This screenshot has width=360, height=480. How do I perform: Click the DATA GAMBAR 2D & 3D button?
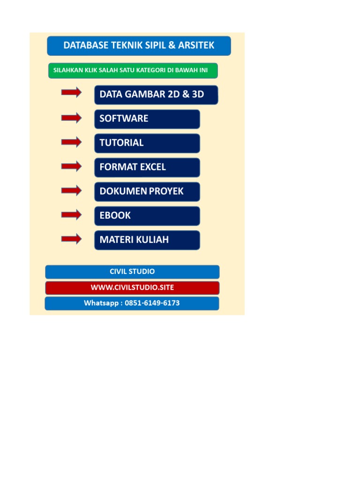click(156, 95)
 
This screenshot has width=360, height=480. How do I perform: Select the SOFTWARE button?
click(147, 119)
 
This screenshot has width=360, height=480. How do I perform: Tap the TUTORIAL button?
click(147, 143)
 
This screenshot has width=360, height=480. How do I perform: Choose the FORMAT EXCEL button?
click(147, 167)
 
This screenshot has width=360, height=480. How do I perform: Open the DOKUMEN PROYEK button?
click(147, 192)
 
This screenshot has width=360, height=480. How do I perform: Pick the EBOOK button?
click(147, 216)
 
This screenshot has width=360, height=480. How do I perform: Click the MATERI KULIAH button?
click(147, 240)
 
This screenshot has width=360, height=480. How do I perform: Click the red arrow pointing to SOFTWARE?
click(71, 118)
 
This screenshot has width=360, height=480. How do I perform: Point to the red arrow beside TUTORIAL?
click(71, 142)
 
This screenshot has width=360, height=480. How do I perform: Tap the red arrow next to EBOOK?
click(71, 215)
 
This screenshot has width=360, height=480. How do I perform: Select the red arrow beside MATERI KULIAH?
click(71, 239)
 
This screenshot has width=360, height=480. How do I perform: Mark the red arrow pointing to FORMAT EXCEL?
click(71, 166)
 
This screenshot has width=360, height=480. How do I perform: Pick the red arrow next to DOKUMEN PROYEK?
click(71, 191)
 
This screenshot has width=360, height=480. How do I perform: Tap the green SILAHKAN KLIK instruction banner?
click(133, 70)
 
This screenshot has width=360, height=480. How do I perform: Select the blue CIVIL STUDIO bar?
click(132, 272)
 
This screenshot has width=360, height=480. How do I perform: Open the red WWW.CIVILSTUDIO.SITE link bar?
click(132, 287)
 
